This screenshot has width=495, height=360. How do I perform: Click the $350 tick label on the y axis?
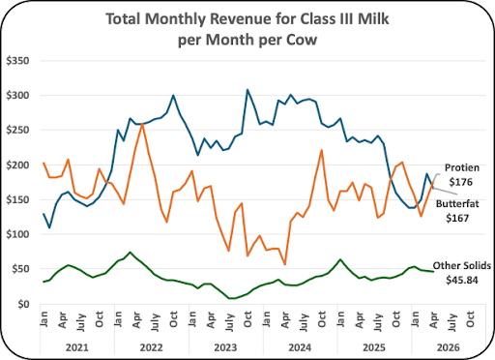click(x=17, y=61)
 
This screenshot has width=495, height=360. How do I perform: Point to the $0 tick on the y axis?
click(x=23, y=304)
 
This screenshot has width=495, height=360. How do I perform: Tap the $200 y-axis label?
click(x=17, y=165)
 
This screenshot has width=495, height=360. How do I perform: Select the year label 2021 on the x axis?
click(x=77, y=347)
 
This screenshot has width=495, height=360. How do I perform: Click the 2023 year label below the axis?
click(x=225, y=347)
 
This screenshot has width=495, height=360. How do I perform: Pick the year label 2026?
click(x=449, y=347)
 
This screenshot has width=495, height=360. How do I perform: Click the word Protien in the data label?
click(x=462, y=167)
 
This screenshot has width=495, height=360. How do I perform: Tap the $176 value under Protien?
click(x=461, y=182)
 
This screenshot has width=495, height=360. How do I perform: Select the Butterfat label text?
click(x=457, y=204)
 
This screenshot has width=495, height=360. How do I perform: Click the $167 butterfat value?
click(x=457, y=219)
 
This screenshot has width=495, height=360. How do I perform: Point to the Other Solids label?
click(x=462, y=265)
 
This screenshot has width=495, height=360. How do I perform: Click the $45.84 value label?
click(x=462, y=280)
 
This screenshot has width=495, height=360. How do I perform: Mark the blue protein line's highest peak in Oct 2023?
click(x=247, y=90)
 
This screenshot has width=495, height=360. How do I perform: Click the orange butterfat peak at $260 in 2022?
click(x=142, y=123)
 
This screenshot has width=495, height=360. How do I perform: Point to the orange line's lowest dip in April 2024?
click(x=285, y=264)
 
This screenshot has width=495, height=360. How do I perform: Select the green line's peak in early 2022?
click(x=130, y=253)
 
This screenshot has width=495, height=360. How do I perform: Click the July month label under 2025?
click(x=378, y=321)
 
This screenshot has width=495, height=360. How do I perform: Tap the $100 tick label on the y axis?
click(x=17, y=234)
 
